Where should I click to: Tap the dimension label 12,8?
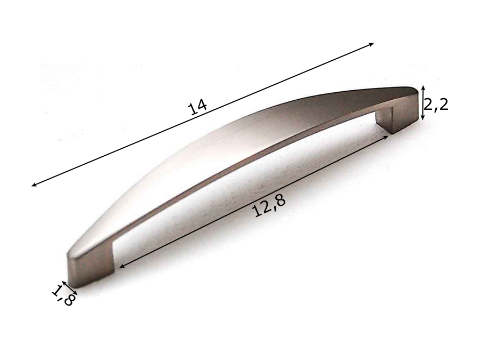(269, 205)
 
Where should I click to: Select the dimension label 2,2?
(436, 105)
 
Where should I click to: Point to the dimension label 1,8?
(63, 296)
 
